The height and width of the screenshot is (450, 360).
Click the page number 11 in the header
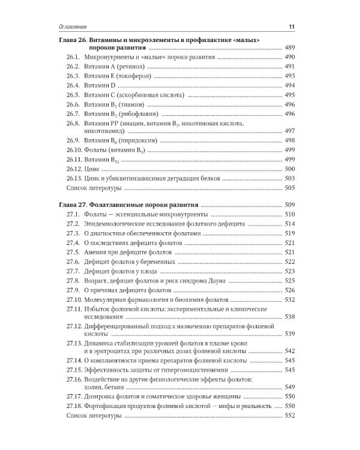tap(291, 26)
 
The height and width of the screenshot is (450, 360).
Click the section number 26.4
tap(74, 86)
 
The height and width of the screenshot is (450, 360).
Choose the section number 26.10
tap(76, 150)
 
